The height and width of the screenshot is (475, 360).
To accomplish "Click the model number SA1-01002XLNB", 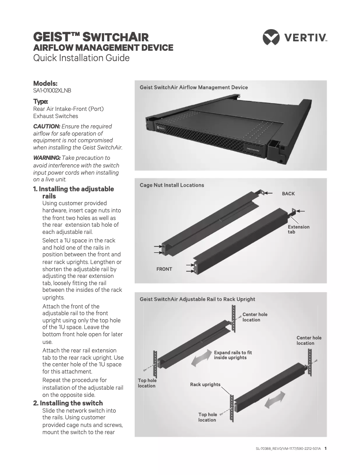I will pos(52,91).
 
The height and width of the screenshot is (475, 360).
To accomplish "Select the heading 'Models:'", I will pos(45,84).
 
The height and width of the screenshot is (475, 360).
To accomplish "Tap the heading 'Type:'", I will pos(41,101).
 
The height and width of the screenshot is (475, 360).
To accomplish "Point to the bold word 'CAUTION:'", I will pos(47,127).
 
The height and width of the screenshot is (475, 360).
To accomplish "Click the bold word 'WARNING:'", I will pos(47,158).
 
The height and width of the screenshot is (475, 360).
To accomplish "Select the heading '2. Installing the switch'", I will pos(68,403).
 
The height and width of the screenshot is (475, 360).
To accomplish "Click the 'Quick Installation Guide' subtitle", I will pos(81,58).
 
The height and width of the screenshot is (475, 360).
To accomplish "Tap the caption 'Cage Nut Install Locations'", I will pos(172,185).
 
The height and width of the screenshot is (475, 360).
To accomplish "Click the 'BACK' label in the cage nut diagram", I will pos(288,194).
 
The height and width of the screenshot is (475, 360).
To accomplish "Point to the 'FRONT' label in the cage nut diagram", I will pos(164,269).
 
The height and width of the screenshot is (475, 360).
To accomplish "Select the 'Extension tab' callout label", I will pos(299,229).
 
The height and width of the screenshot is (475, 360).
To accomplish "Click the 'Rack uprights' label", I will pos(205,385).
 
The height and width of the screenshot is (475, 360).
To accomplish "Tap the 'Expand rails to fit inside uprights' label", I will pos(233,355).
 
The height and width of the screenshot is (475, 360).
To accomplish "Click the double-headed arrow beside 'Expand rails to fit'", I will pos(202,359).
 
